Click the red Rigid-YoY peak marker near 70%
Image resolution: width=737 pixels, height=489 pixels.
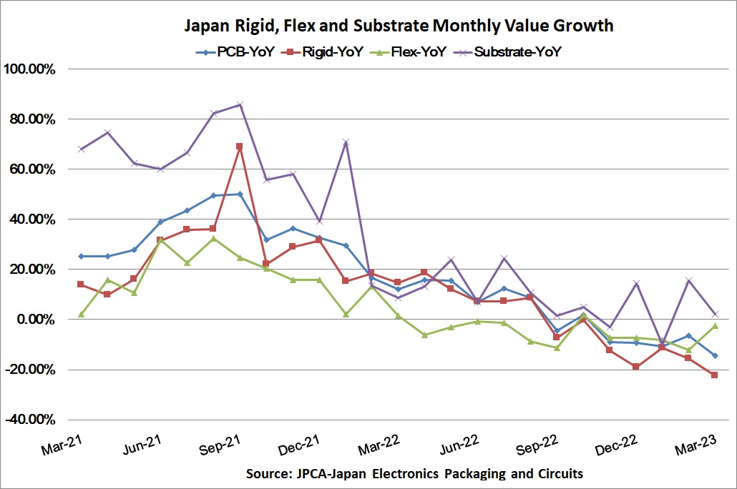point(239,147)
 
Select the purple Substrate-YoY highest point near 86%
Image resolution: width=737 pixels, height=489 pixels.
point(239,104)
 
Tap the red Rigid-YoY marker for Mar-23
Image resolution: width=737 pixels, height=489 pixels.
point(714,375)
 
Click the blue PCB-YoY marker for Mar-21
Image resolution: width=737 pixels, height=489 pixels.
point(81,256)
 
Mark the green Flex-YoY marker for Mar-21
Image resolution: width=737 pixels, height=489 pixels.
point(81,315)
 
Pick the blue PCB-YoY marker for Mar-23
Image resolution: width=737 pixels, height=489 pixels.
point(714,355)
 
